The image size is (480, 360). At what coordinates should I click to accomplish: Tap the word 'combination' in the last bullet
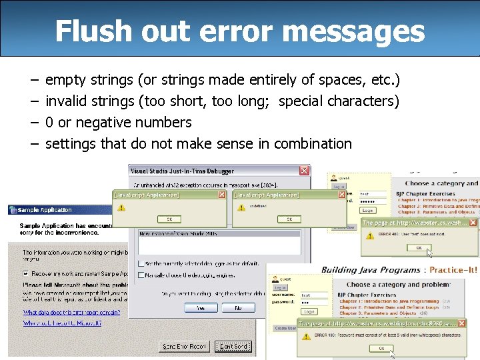[x=313, y=143]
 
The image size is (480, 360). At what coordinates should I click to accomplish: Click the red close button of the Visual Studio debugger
[x=305, y=171]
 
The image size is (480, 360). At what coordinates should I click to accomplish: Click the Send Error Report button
[x=185, y=346]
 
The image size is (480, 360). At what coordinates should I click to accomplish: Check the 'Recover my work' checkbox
[x=27, y=273]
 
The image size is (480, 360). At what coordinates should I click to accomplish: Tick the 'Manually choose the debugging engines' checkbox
[x=141, y=275]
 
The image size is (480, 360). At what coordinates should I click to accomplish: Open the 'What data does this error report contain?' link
[x=72, y=312]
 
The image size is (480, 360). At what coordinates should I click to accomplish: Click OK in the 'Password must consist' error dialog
[x=381, y=348]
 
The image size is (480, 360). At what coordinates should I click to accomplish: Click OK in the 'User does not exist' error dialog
[x=419, y=247]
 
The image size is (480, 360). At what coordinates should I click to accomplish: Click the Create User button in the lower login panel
[x=285, y=328]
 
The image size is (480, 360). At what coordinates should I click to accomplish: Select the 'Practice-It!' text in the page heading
[x=453, y=270]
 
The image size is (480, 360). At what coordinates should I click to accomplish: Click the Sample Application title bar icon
[x=13, y=210]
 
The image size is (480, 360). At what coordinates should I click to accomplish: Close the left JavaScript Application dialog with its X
[x=222, y=195]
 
